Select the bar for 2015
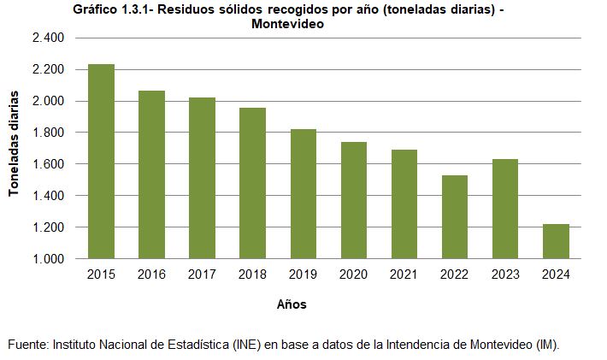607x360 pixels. pyautogui.click(x=101, y=161)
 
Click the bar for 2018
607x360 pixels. pyautogui.click(x=252, y=183)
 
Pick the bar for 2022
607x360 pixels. pyautogui.click(x=454, y=216)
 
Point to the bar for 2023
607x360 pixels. pyautogui.click(x=504, y=209)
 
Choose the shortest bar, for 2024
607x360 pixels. pyautogui.click(x=556, y=241)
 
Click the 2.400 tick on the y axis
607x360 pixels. pyautogui.click(x=49, y=38)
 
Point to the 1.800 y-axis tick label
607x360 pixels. pyautogui.click(x=49, y=133)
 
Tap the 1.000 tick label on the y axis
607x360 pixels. pyautogui.click(x=49, y=258)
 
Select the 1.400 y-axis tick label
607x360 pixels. pyautogui.click(x=49, y=196)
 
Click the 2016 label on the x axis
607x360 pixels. pyautogui.click(x=151, y=274)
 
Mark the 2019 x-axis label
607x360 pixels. pyautogui.click(x=303, y=274)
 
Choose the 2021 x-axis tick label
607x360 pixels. pyautogui.click(x=404, y=274)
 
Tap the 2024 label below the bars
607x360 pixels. pyautogui.click(x=556, y=274)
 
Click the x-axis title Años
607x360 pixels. pyautogui.click(x=292, y=304)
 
